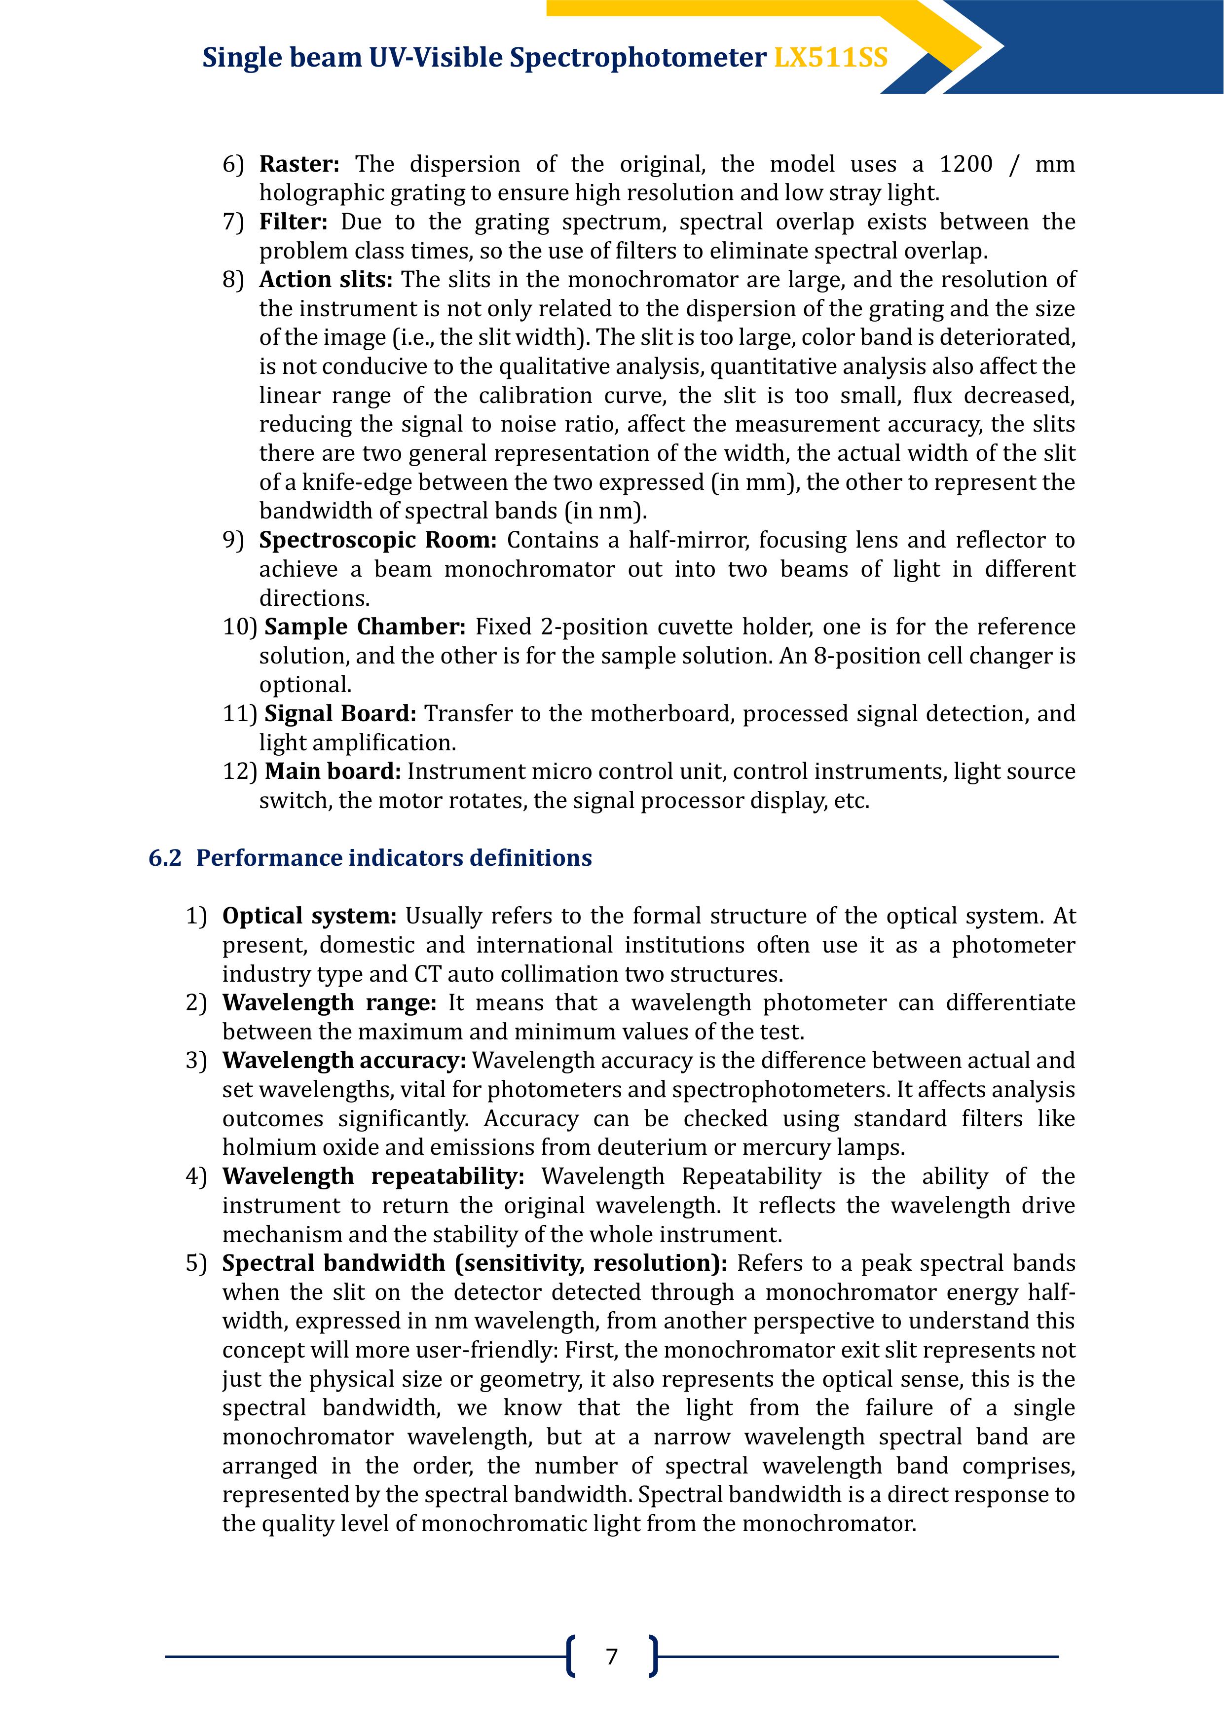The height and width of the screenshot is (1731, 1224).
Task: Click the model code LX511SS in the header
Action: (830, 58)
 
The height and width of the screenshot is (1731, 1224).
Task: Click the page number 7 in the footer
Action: (612, 1656)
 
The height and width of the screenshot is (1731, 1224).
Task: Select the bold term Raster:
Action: (299, 164)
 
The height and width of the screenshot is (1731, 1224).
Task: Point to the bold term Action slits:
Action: (326, 280)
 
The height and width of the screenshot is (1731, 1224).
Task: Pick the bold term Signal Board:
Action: (340, 713)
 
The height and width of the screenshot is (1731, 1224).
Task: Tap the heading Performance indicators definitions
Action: (394, 858)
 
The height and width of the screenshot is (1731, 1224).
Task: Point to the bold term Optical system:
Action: (309, 916)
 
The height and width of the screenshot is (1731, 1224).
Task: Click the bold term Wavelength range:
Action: (329, 1003)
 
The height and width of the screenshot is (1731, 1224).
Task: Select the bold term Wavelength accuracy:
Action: (344, 1061)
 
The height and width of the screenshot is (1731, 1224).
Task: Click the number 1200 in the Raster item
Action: (965, 164)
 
